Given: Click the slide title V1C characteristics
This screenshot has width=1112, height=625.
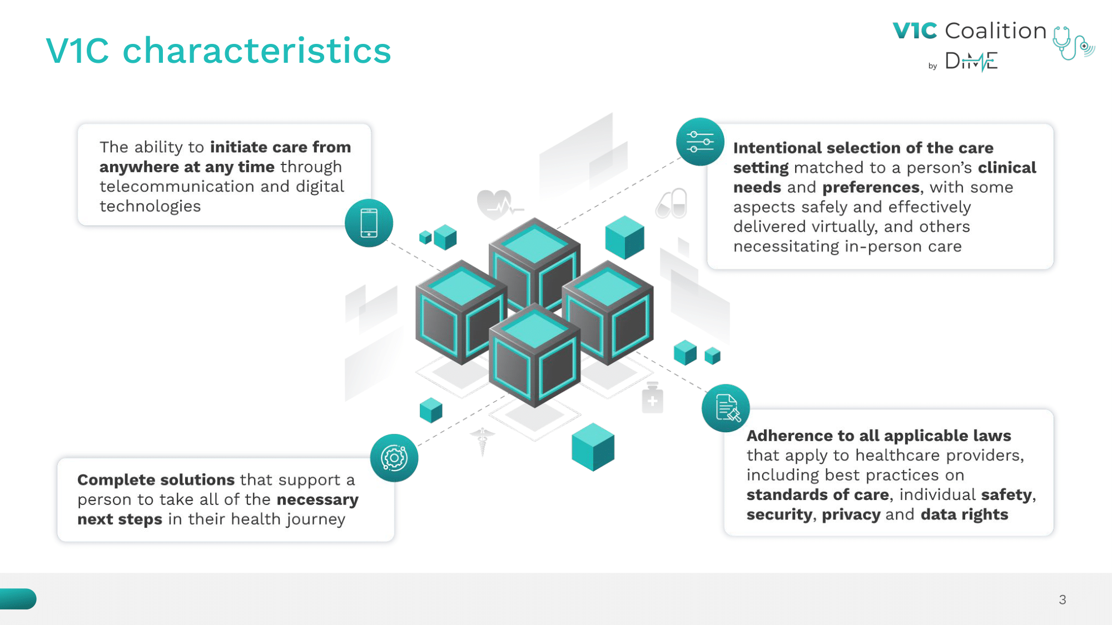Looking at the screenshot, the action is click(219, 51).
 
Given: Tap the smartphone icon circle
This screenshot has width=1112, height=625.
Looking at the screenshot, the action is click(369, 223).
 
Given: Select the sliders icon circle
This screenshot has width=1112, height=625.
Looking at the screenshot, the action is click(700, 142).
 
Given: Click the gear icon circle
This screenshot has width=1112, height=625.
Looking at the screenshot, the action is click(394, 458).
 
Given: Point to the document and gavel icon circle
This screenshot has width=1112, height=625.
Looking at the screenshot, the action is click(726, 408).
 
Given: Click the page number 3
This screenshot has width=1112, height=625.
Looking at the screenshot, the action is click(1063, 599).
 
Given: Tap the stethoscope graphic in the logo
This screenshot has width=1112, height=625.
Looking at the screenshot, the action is click(1073, 43).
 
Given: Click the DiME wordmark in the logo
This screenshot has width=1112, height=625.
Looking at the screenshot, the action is click(971, 61).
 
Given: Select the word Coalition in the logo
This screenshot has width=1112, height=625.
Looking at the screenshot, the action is click(996, 31).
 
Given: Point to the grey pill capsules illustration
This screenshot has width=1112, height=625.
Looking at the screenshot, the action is click(672, 203).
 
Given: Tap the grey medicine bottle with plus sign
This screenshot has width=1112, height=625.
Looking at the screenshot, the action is click(653, 398).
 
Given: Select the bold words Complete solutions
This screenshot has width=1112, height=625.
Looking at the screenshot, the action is click(156, 479).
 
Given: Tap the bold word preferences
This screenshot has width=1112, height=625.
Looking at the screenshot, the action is click(871, 188).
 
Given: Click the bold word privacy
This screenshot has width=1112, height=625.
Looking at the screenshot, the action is click(851, 515).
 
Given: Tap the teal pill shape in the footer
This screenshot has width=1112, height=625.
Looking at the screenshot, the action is click(18, 599).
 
